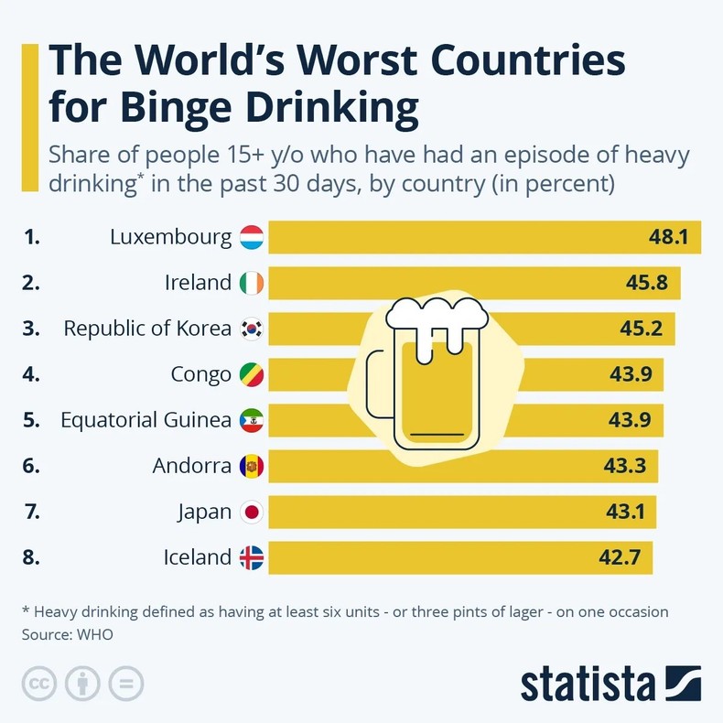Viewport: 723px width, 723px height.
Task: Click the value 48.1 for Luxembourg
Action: coord(669,238)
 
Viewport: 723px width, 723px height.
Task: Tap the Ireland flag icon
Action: coord(251,284)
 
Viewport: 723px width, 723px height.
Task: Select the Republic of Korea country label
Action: coord(147,329)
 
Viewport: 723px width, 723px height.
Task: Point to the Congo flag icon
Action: coord(251,374)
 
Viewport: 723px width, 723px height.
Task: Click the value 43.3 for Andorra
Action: coord(625,466)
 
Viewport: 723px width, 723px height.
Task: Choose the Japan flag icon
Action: coord(251,512)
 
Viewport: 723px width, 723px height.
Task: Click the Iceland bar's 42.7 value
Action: coord(620,557)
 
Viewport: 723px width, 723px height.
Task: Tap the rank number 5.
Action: coord(31,420)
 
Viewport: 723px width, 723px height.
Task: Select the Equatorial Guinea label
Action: coord(146,420)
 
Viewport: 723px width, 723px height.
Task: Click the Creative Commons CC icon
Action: coord(38,684)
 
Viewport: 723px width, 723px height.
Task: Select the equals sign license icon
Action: coord(126,684)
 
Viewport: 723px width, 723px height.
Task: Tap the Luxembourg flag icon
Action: coord(251,238)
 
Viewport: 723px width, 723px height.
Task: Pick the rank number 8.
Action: coord(31,557)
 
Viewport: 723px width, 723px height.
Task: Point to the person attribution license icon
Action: coord(82,684)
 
